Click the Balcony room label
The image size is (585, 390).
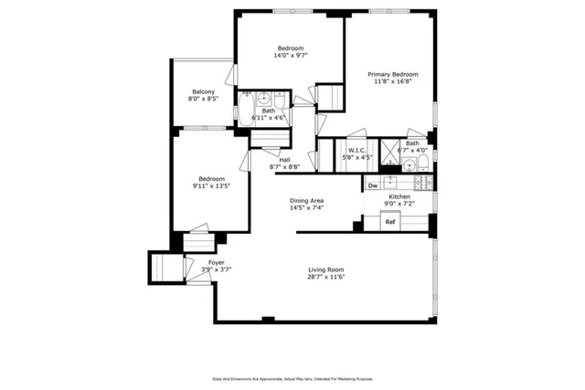(203, 91)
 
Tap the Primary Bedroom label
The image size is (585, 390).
(393, 74)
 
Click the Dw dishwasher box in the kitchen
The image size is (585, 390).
(373, 185)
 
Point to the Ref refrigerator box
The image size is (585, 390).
(389, 221)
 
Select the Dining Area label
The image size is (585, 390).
(307, 200)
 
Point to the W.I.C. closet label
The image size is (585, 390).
(356, 150)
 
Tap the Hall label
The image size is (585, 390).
(285, 159)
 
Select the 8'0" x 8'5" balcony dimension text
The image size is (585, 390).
(203, 100)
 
